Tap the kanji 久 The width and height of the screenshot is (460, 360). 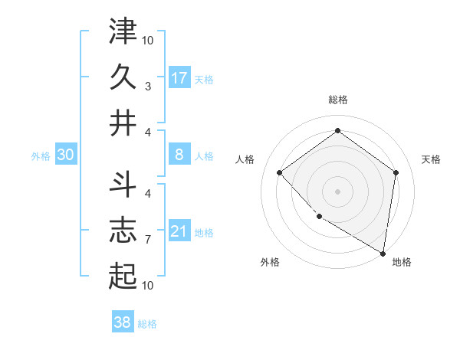[123, 77]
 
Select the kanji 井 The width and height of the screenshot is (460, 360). [123, 124]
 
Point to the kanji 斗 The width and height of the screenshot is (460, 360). [123, 184]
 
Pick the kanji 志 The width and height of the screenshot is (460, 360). [123, 230]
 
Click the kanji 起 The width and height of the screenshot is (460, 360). [123, 277]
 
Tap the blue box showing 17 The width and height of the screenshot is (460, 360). [179, 78]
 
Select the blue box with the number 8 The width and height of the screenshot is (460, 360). [179, 155]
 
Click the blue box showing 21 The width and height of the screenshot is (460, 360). [179, 231]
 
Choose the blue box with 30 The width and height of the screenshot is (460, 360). [65, 155]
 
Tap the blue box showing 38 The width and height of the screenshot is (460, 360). [123, 322]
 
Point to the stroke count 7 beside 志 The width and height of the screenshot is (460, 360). [147, 240]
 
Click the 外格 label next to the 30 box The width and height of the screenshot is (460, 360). [41, 156]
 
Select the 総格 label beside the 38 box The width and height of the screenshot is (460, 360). [147, 324]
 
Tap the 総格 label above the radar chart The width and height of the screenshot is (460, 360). [338, 100]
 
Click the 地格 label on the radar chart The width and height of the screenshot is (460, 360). [402, 262]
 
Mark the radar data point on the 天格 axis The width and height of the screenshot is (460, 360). [396, 172]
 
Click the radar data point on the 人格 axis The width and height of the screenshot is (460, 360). [280, 172]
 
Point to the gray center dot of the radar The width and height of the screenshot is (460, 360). [338, 191]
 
